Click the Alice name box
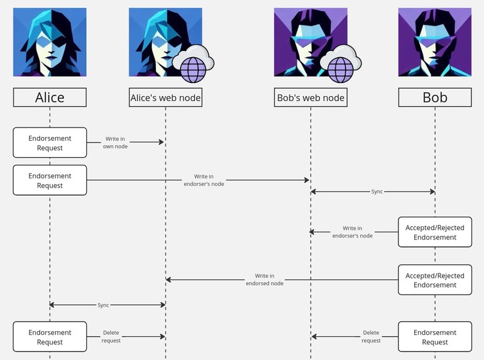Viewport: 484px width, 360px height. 50,97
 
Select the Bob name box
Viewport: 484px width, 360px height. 434,97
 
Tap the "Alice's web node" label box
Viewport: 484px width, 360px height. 165,97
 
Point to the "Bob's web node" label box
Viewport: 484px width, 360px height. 311,97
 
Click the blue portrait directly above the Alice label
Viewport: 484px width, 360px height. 50,42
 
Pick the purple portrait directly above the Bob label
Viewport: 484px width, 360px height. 434,42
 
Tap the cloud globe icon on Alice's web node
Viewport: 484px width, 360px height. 194,64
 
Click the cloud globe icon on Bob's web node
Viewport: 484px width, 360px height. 340,64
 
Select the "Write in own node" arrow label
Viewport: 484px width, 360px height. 115,143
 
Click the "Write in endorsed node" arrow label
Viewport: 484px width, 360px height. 265,280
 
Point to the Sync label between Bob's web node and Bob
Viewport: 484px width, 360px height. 377,191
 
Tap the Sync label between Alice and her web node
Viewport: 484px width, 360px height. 103,305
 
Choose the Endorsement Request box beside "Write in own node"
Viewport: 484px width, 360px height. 50,143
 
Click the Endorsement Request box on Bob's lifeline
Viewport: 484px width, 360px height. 434,337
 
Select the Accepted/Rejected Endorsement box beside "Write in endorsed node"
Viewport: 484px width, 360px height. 434,280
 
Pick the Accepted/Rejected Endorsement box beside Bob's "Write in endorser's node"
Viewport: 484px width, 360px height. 434,232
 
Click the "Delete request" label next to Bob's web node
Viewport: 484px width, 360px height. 371,337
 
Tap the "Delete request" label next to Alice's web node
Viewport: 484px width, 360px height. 111,337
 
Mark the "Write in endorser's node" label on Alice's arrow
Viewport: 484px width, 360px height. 209,180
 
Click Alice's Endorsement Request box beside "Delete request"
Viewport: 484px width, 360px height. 50,337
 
